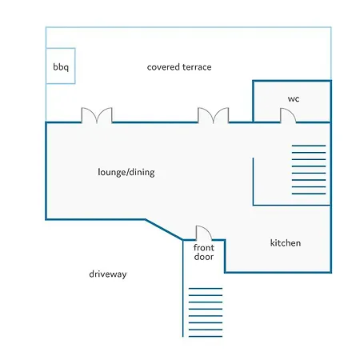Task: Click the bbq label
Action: coord(61,67)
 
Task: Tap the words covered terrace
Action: coord(179,67)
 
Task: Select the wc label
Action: coord(294,99)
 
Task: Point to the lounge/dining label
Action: coord(126,172)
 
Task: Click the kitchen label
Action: coord(286,243)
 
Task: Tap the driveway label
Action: coord(108,274)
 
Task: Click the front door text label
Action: coord(204,252)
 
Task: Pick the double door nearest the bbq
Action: coord(97,115)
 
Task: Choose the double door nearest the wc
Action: coord(213,115)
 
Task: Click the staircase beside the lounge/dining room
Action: coord(309,170)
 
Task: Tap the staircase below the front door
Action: coord(206,312)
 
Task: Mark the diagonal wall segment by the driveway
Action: coord(164,230)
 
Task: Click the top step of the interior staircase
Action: coord(309,146)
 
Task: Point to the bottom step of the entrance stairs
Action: coord(206,336)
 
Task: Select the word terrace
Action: coord(196,67)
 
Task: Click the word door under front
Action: coord(204,257)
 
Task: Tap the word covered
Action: coord(163,67)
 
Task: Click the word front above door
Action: coord(204,248)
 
